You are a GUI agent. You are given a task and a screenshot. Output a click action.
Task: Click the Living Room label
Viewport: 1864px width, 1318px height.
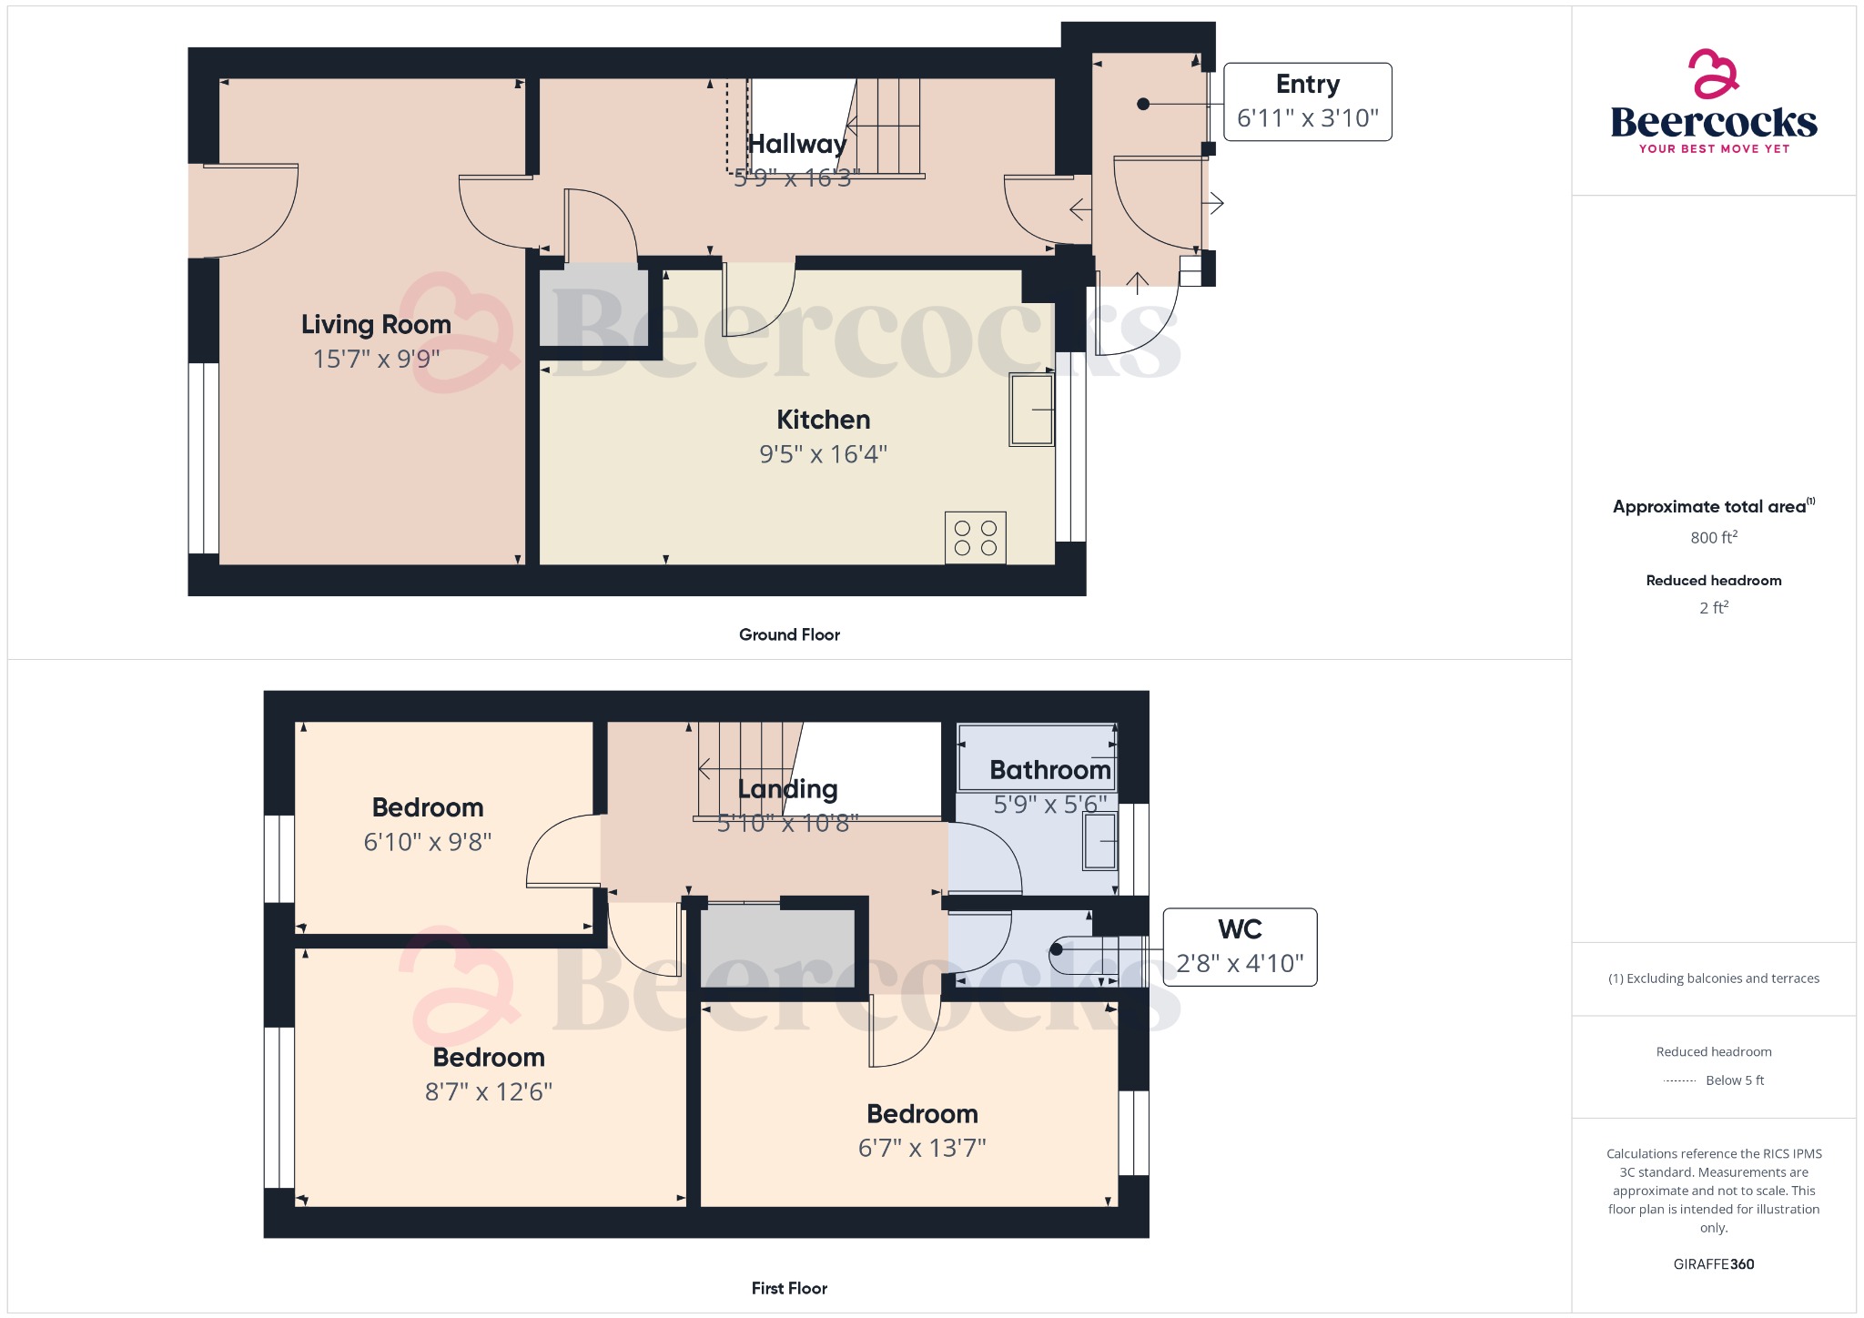(376, 325)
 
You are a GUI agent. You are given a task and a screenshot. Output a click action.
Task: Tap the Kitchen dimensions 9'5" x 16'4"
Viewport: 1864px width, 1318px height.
(823, 454)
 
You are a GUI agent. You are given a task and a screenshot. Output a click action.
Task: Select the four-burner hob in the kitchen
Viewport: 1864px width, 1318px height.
(975, 538)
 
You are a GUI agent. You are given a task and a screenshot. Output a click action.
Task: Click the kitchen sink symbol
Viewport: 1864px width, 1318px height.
(1031, 410)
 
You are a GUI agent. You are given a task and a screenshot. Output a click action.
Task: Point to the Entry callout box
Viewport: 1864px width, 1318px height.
(1307, 102)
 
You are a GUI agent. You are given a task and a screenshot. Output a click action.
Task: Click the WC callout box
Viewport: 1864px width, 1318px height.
(1240, 947)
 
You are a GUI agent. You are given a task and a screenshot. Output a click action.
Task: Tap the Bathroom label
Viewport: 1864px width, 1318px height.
(1049, 770)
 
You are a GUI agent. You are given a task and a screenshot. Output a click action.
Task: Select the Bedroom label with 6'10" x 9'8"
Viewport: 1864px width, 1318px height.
(427, 807)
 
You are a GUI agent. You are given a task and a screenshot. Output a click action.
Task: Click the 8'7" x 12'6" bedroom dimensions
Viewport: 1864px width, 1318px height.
(489, 1091)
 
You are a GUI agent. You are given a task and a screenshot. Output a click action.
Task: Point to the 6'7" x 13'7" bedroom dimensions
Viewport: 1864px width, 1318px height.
(922, 1148)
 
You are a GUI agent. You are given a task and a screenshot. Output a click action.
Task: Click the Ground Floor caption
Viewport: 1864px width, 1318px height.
(789, 634)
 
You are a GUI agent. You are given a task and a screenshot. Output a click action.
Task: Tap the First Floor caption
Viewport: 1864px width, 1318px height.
(789, 1288)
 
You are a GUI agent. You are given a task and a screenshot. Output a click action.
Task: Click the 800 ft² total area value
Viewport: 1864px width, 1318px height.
(1713, 538)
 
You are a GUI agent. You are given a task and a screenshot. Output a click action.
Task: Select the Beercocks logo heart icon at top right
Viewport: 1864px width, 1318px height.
(1713, 75)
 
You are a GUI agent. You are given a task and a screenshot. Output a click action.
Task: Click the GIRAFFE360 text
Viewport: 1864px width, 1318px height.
(1713, 1263)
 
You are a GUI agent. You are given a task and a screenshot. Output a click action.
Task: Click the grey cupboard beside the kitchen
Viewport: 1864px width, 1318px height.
(594, 305)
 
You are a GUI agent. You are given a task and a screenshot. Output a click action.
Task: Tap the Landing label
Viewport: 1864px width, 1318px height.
(787, 789)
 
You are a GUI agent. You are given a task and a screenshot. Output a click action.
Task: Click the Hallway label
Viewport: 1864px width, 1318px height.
(796, 144)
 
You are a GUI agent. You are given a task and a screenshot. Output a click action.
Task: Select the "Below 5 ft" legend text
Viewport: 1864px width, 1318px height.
(1734, 1080)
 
